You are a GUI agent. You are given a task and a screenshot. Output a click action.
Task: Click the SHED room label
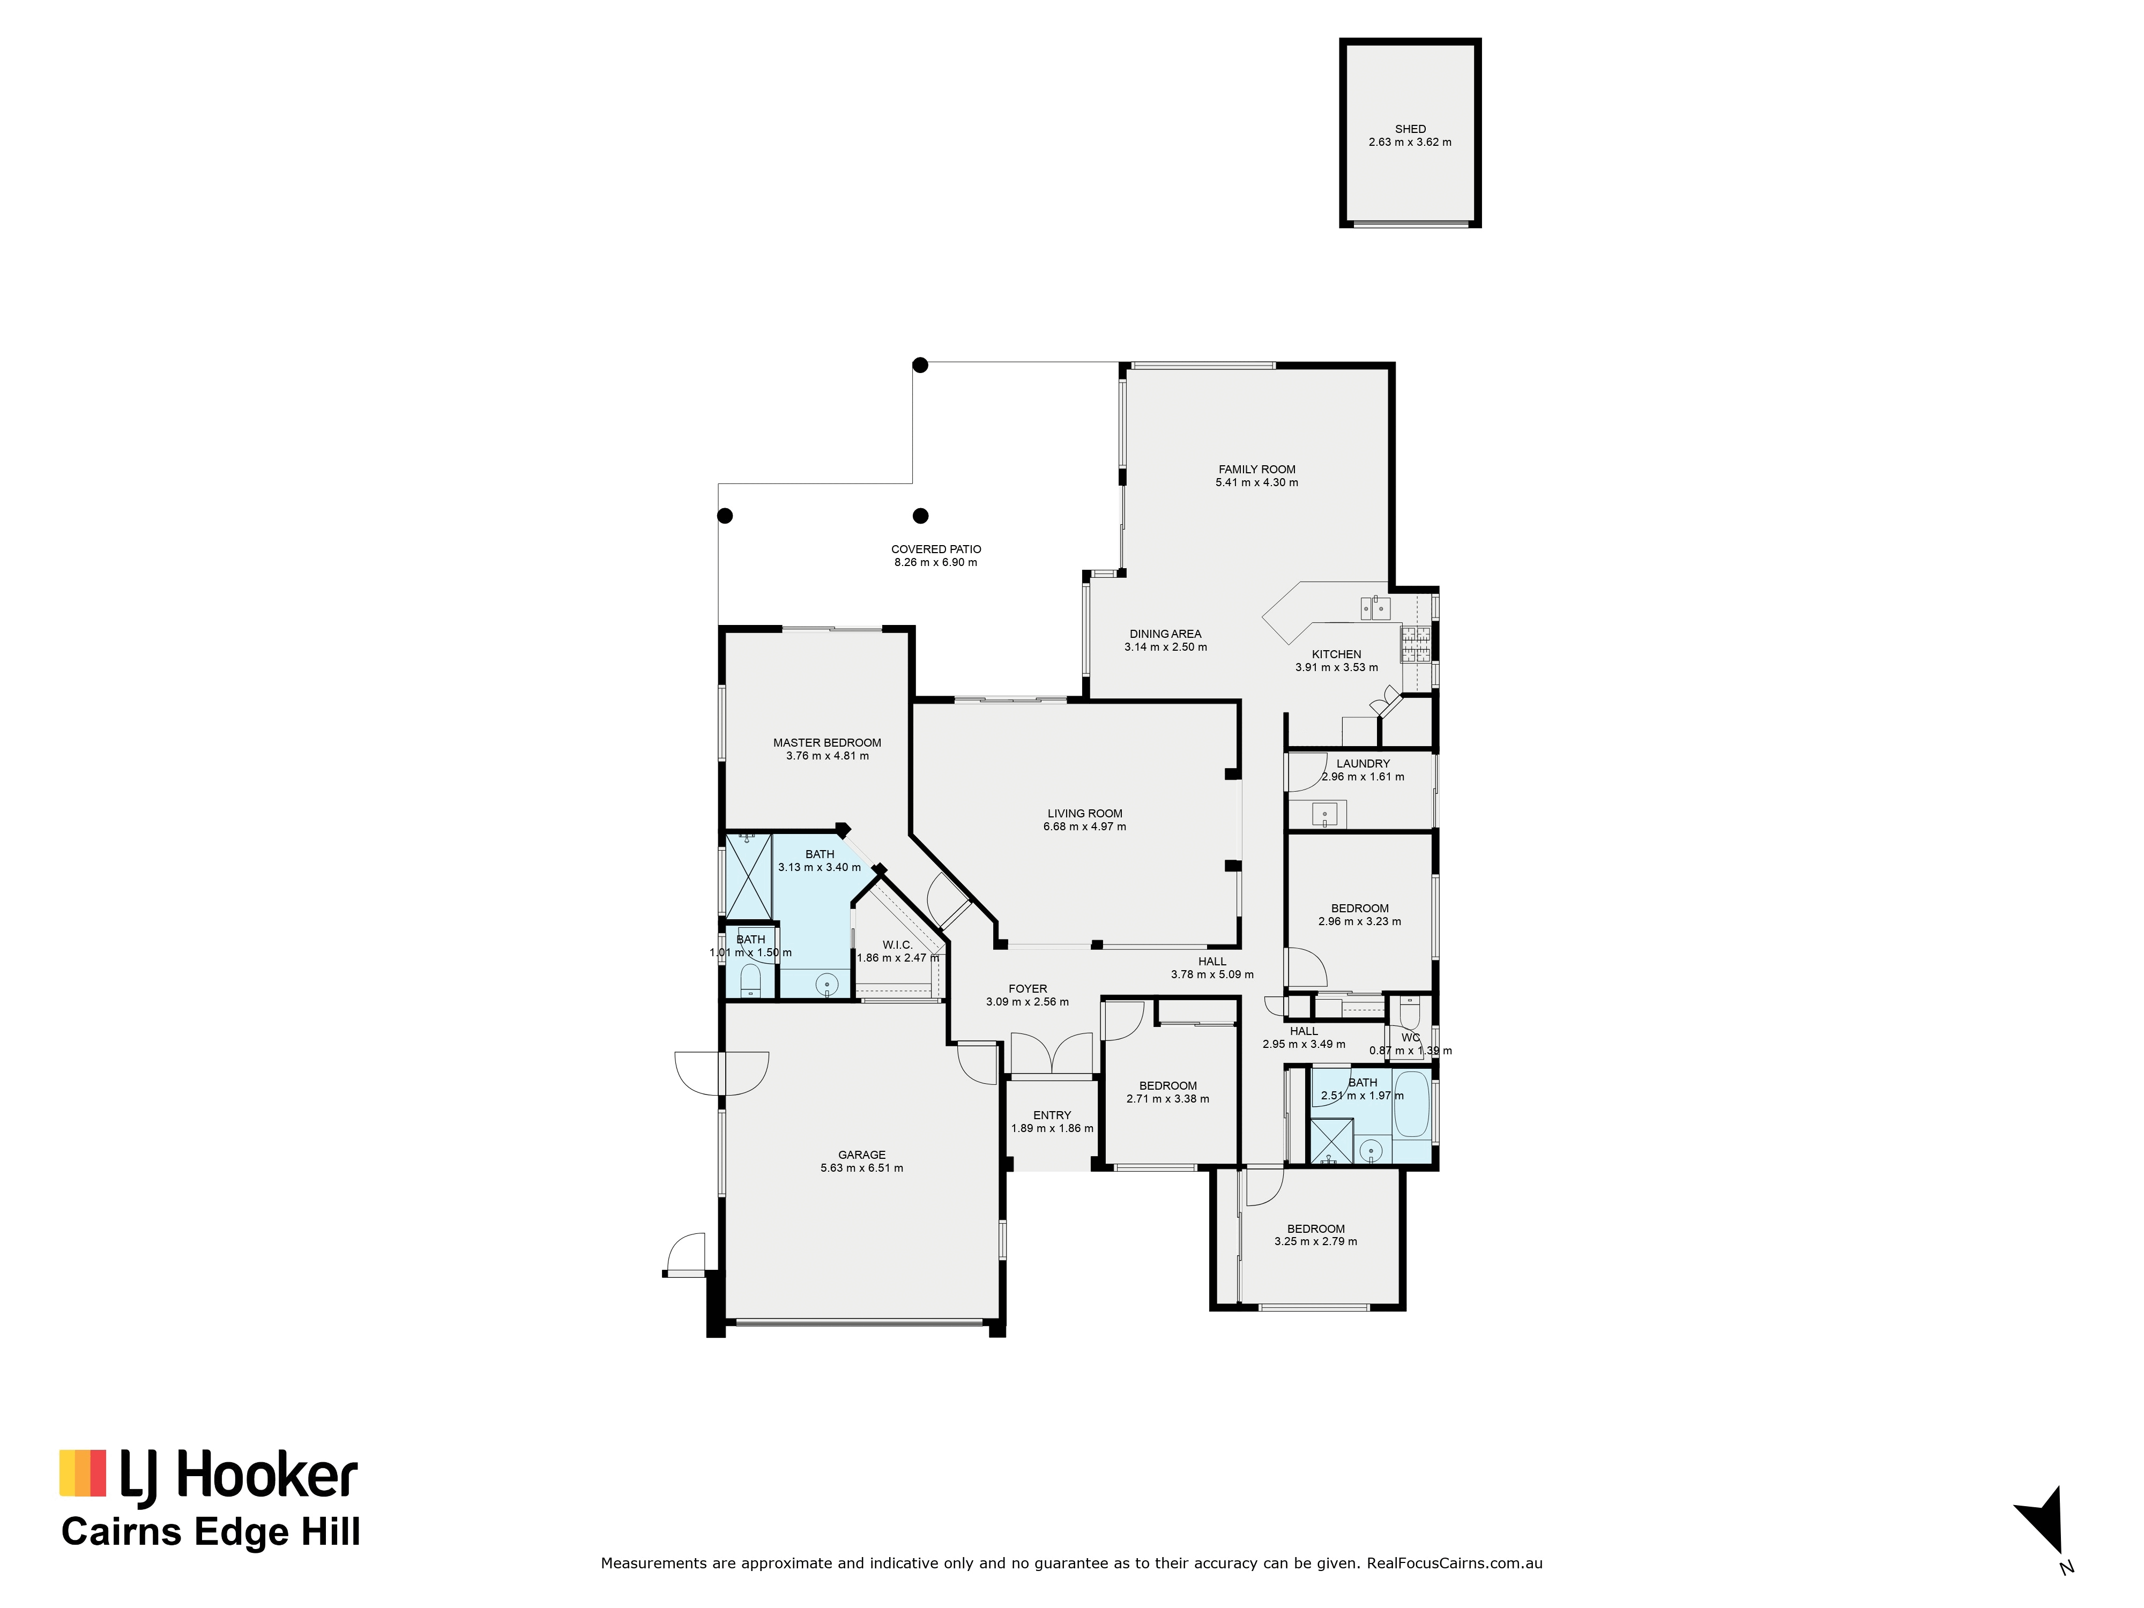coord(1410,129)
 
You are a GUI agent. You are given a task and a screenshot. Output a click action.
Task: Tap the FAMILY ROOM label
coord(1257,469)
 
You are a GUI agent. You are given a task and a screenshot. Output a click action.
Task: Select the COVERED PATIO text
coord(936,549)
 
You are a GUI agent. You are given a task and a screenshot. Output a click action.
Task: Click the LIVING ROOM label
coord(1085,814)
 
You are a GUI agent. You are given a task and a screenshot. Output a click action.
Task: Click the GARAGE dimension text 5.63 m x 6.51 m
coord(862,1168)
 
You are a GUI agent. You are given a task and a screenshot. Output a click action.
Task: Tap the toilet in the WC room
coord(1409,1013)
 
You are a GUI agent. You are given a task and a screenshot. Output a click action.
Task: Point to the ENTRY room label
coord(1052,1115)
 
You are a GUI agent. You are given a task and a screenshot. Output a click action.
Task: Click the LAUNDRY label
coord(1363,764)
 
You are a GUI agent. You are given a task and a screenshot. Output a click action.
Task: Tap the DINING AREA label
coord(1165,635)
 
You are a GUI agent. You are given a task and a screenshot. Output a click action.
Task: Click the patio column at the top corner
coord(921,366)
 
